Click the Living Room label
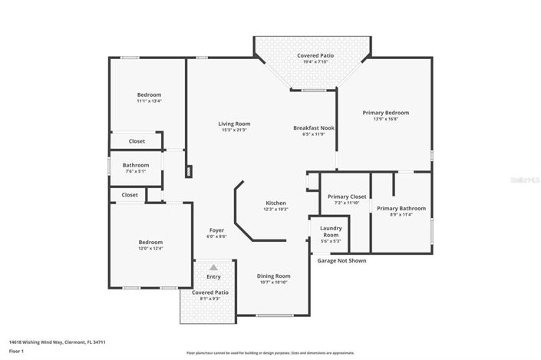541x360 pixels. point(234,124)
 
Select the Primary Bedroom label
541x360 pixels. point(385,113)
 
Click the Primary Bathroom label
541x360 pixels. point(401,208)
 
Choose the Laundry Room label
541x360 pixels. point(331,231)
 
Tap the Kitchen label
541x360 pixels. point(275,203)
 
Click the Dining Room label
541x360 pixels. point(272,276)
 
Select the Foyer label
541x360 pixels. point(216,230)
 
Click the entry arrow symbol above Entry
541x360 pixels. point(213,266)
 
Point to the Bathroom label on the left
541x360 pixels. point(135,165)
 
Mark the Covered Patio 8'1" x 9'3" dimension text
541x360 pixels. point(208,299)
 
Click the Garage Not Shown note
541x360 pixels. point(341,260)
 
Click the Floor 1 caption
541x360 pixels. point(17,352)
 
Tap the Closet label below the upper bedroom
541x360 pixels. point(137,141)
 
